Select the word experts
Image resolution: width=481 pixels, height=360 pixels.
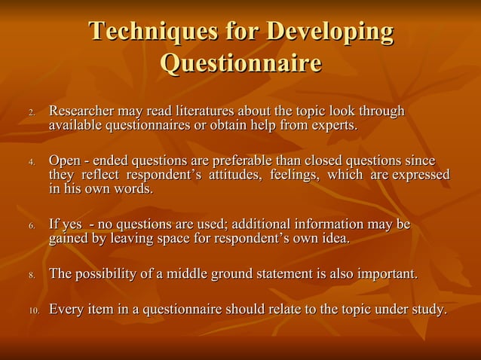click(329, 125)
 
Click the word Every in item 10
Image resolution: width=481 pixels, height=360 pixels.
click(66, 309)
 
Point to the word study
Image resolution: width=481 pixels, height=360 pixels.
click(427, 309)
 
